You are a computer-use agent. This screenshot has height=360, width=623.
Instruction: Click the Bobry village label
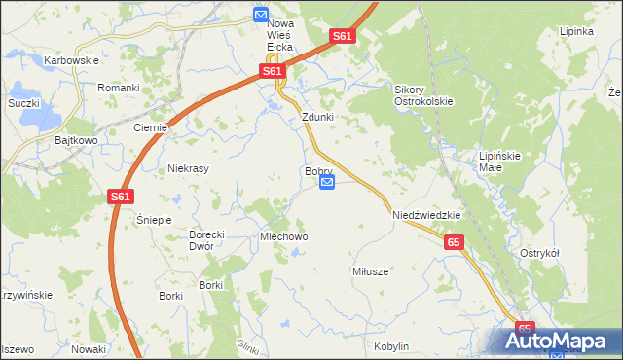point(319,171)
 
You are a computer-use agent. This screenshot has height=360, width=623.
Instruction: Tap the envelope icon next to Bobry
point(327,183)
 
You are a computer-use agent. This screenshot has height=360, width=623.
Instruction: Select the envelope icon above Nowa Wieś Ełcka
point(261,15)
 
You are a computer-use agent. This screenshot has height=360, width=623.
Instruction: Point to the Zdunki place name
point(317,117)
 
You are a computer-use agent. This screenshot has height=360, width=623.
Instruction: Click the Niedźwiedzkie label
point(425,215)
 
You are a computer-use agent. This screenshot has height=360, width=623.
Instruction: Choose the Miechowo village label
point(283,236)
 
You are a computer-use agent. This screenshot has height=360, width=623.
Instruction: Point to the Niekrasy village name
point(189,167)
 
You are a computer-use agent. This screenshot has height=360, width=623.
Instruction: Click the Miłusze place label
point(370,271)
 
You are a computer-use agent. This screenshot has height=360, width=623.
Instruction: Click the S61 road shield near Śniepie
point(120,197)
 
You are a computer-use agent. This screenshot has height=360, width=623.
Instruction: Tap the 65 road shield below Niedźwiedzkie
point(455,242)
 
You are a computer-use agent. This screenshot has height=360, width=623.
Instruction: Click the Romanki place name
point(119,88)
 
